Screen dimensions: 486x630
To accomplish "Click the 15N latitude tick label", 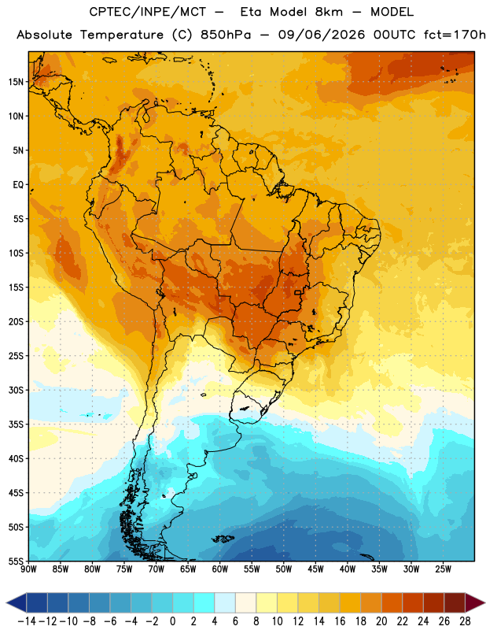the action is tap(16, 82).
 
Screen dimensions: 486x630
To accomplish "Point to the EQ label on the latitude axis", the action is tap(18, 185).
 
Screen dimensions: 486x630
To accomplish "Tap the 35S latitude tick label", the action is tap(16, 424).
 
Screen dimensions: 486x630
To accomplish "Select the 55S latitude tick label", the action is tap(16, 561).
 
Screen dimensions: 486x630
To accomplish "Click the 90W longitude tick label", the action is tap(28, 569).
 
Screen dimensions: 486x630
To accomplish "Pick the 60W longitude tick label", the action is tap(220, 569).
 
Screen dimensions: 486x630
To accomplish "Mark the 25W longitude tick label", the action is tap(443, 569).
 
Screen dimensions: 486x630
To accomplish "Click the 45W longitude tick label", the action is tap(315, 569).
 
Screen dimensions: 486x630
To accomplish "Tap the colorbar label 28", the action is tap(465, 621).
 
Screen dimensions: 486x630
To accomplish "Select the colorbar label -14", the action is tap(27, 621).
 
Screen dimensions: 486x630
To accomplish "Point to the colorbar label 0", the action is tap(172, 621).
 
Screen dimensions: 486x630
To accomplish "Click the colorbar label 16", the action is tap(340, 621).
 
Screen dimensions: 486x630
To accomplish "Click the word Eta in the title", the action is tap(251, 12).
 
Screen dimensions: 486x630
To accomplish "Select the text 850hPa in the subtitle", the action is tap(226, 35).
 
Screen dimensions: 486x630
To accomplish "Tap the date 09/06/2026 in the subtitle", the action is tap(322, 35).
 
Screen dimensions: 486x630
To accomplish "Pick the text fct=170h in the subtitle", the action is tap(455, 35).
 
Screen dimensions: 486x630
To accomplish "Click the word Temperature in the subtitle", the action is tap(122, 35).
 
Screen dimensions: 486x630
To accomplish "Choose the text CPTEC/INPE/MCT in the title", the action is tap(148, 13).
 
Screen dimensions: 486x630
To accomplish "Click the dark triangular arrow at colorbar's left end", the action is tap(16, 602).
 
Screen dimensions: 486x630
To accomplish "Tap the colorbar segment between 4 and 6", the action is tap(225, 602).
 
